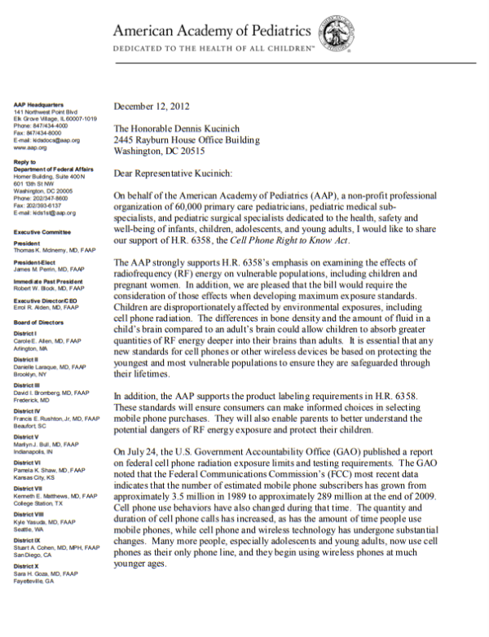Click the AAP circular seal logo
point(335,34)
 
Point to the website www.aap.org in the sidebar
point(29,149)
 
